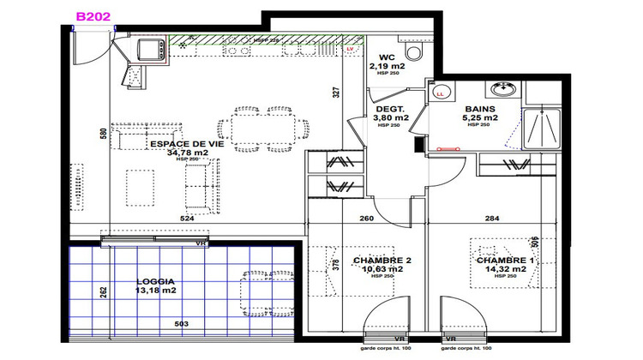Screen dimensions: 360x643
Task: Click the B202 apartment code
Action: (x=93, y=16)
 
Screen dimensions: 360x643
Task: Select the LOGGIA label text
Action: (x=156, y=280)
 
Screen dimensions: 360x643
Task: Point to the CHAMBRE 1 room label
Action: (x=504, y=261)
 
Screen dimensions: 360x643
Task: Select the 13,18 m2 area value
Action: (x=156, y=290)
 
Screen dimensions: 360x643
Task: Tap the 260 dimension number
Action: (x=365, y=218)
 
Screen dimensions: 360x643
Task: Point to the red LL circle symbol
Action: (x=441, y=92)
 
